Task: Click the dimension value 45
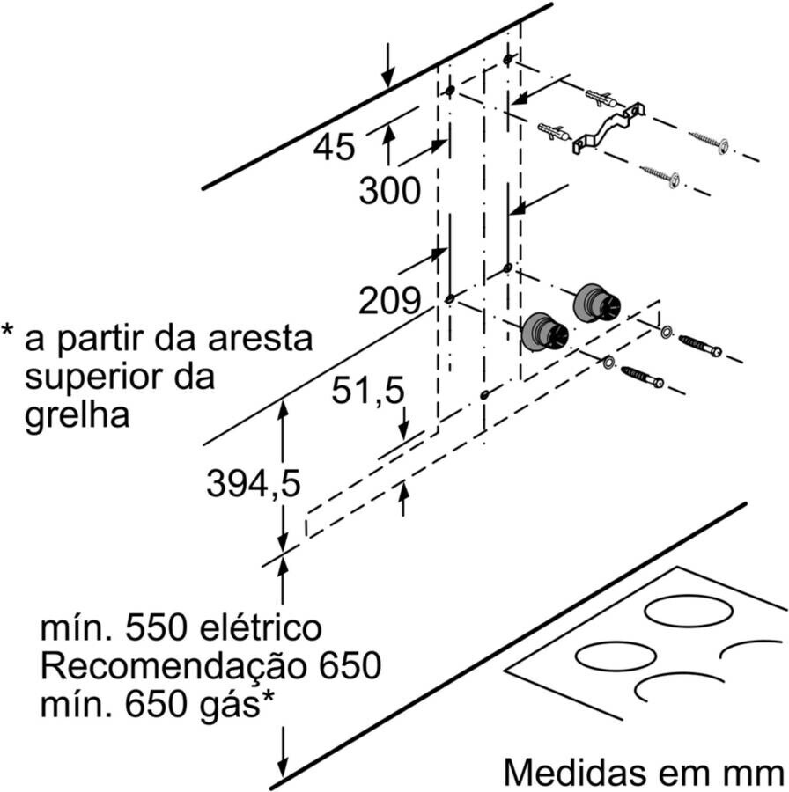[x=335, y=146]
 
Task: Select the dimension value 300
[x=389, y=191]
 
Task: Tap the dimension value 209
[x=389, y=302]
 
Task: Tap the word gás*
[x=232, y=701]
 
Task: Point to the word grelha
[x=77, y=413]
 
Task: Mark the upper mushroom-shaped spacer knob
[x=596, y=304]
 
